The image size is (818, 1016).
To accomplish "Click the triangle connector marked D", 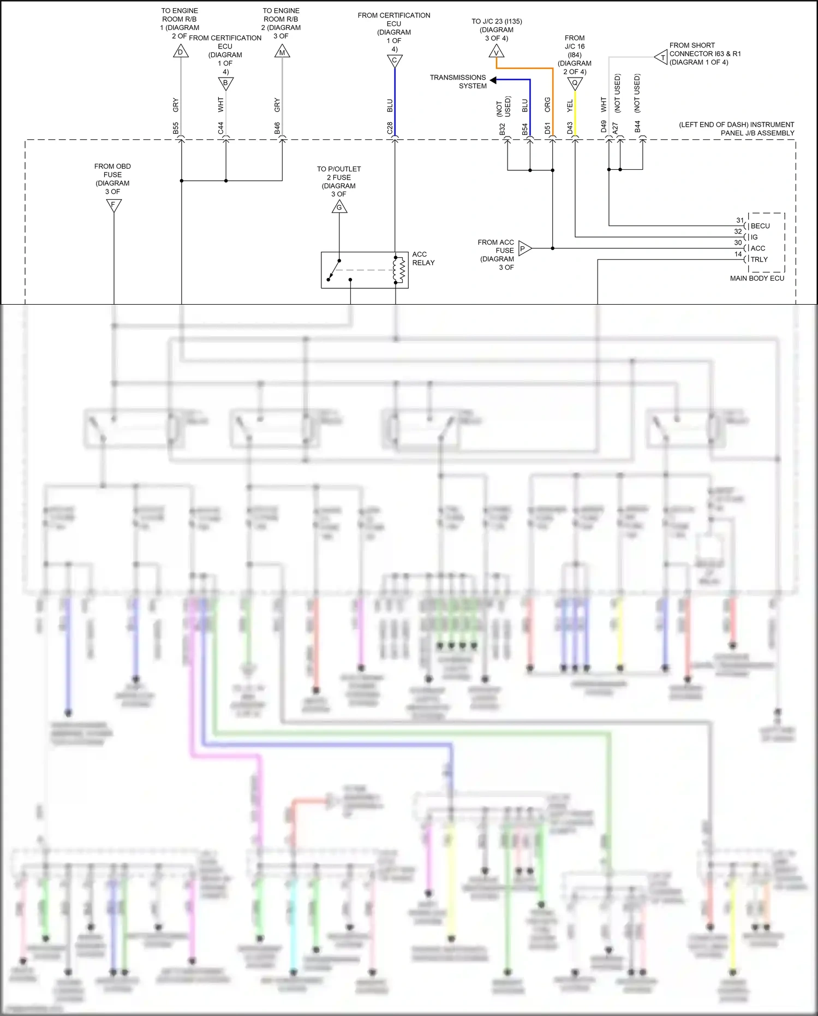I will pyautogui.click(x=181, y=52).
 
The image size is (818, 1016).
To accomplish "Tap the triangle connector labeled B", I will pyautogui.click(x=225, y=83).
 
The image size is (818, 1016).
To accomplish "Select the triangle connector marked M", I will pyautogui.click(x=282, y=52).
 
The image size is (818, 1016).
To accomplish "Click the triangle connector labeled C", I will pyautogui.click(x=395, y=60).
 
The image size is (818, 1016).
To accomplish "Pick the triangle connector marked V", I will pyautogui.click(x=496, y=52).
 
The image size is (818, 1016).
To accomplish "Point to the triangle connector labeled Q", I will pyautogui.click(x=575, y=83).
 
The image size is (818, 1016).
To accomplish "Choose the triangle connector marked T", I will pyautogui.click(x=661, y=57).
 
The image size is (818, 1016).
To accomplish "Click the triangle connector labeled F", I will pyautogui.click(x=114, y=205).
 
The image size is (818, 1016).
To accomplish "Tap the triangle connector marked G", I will pyautogui.click(x=339, y=207).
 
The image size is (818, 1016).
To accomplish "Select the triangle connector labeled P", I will pyautogui.click(x=524, y=248).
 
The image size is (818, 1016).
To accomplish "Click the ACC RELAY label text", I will pyautogui.click(x=423, y=259).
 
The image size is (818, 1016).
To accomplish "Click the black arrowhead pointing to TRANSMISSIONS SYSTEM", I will pyautogui.click(x=493, y=80).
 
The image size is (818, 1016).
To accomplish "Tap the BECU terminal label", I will pyautogui.click(x=760, y=226).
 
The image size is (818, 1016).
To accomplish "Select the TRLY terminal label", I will pyautogui.click(x=759, y=260).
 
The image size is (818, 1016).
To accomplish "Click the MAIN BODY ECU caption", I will pyautogui.click(x=757, y=278).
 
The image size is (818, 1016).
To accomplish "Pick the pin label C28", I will pyautogui.click(x=390, y=128).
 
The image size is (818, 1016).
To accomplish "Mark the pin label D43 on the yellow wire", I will pyautogui.click(x=570, y=128).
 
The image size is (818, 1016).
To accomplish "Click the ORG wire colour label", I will pyautogui.click(x=547, y=105).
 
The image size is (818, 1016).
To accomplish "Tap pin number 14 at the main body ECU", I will pyautogui.click(x=738, y=254).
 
